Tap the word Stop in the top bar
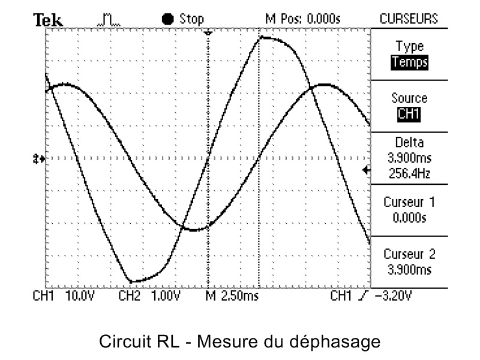191,19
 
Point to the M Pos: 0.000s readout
302,19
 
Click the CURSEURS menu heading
409,19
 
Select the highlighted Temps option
410,61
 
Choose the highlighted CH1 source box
409,113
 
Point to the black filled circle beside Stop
168,19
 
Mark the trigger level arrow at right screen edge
367,171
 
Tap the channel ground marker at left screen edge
40,159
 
